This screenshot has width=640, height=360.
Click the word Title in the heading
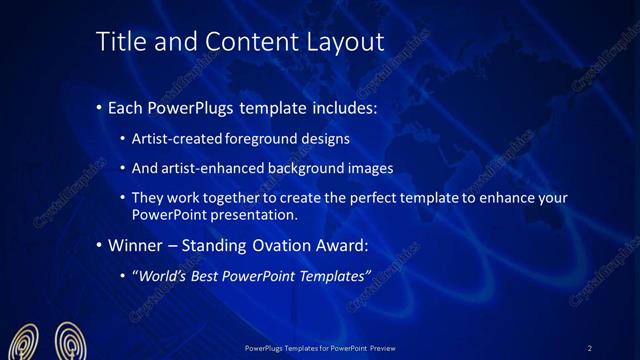click(120, 42)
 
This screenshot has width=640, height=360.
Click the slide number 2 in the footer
click(590, 348)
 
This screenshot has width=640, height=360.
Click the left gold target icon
click(27, 342)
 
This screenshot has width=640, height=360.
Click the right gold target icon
click(69, 341)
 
